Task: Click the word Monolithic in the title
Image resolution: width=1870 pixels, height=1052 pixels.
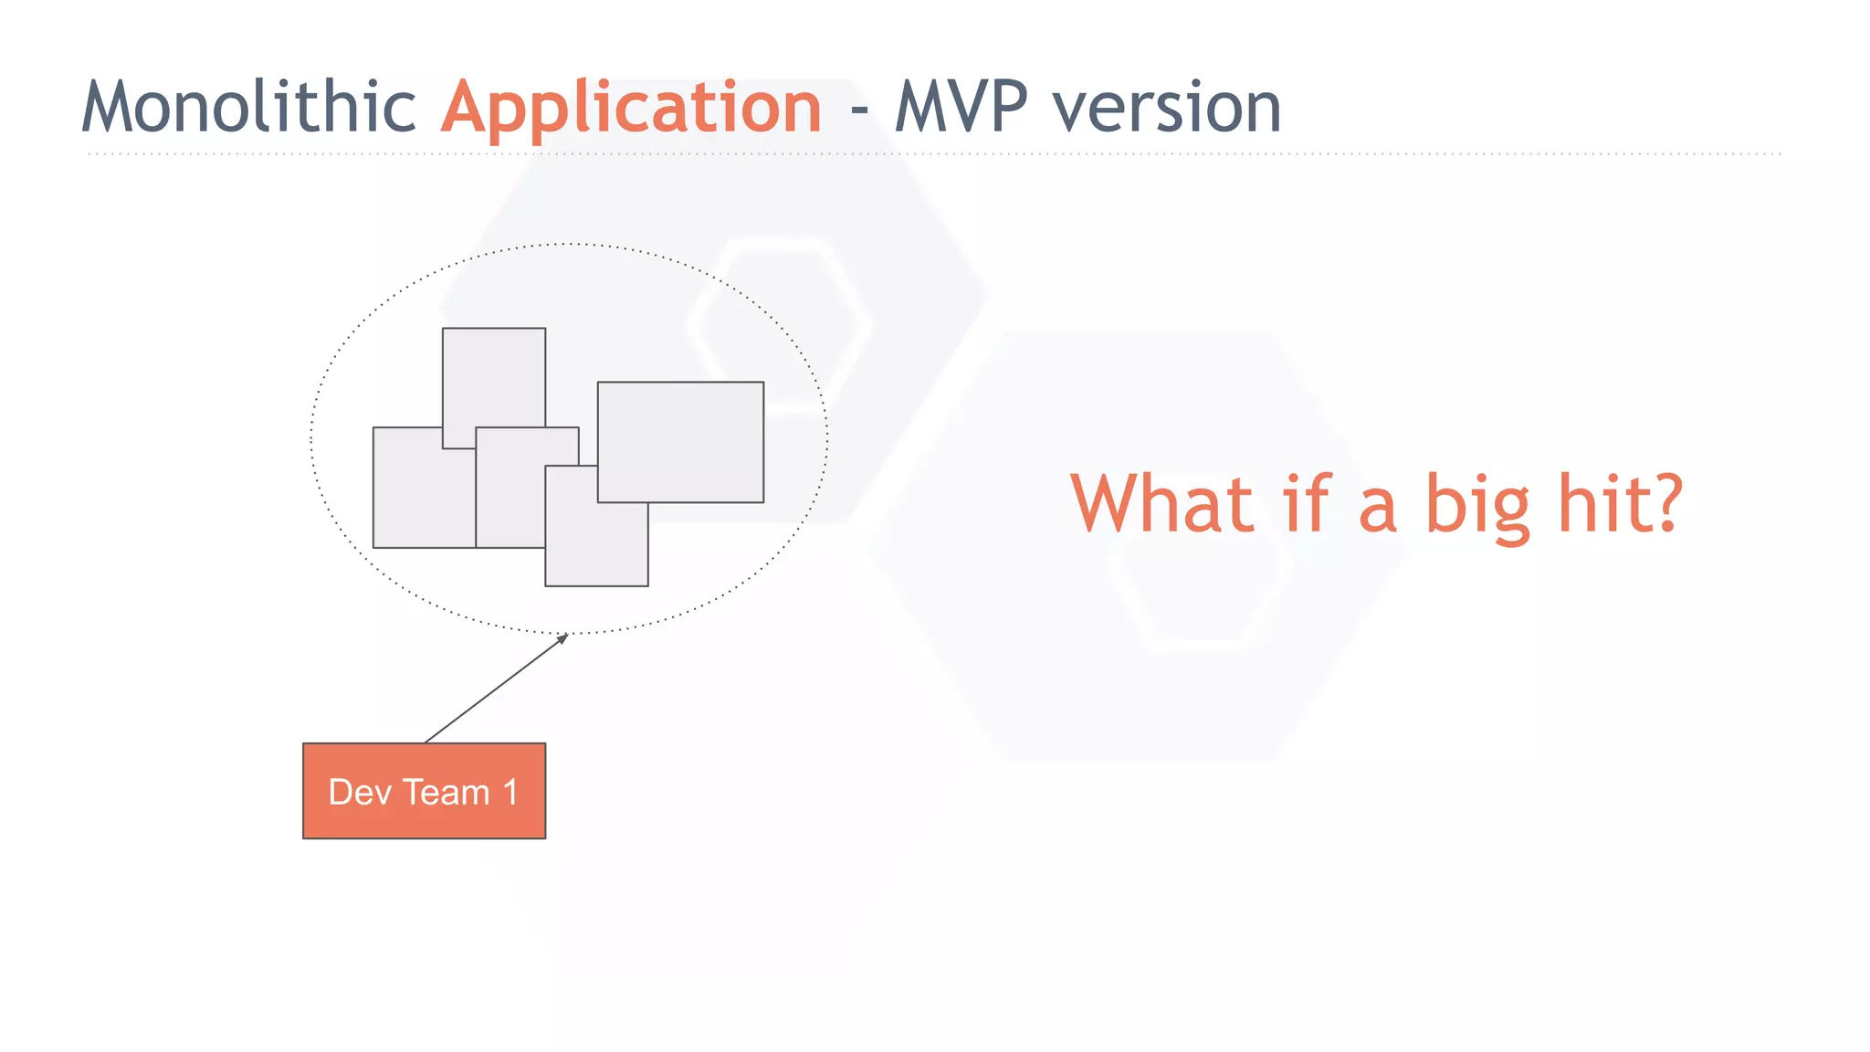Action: click(x=248, y=108)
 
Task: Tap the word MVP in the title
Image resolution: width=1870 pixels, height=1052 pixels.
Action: click(x=961, y=108)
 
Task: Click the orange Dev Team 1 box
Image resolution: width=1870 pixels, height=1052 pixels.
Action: click(x=424, y=791)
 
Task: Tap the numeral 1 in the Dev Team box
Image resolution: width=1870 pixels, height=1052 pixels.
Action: click(x=510, y=792)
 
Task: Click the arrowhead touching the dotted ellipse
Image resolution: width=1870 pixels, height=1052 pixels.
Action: click(x=563, y=637)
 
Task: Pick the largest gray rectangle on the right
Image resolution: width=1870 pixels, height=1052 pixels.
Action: click(x=680, y=442)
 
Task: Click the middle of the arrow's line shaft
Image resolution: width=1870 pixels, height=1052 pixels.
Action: click(x=496, y=689)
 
